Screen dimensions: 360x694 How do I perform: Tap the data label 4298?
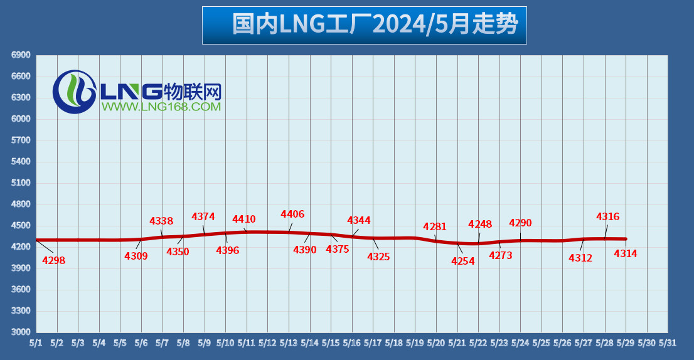(54, 260)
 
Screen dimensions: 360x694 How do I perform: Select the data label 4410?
(244, 220)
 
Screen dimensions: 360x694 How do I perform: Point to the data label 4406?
(292, 214)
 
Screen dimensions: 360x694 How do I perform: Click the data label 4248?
(480, 225)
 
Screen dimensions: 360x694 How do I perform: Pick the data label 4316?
(607, 217)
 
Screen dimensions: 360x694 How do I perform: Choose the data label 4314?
(626, 254)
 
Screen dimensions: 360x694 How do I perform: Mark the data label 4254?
(463, 262)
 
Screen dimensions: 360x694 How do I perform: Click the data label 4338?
(161, 221)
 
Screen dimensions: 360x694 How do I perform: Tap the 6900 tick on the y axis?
(21, 55)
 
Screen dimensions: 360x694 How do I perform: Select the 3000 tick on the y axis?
(21, 332)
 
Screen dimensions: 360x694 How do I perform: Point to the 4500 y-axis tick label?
(21, 226)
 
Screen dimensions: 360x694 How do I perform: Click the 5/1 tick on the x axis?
(36, 344)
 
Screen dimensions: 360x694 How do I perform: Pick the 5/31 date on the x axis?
(668, 344)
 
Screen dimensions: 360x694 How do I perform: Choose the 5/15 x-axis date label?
(331, 344)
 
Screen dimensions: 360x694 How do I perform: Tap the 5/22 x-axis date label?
(478, 344)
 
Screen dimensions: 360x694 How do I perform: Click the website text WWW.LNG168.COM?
(161, 107)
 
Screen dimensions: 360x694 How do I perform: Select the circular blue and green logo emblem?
(73, 92)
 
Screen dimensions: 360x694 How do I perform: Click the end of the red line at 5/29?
(626, 239)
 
